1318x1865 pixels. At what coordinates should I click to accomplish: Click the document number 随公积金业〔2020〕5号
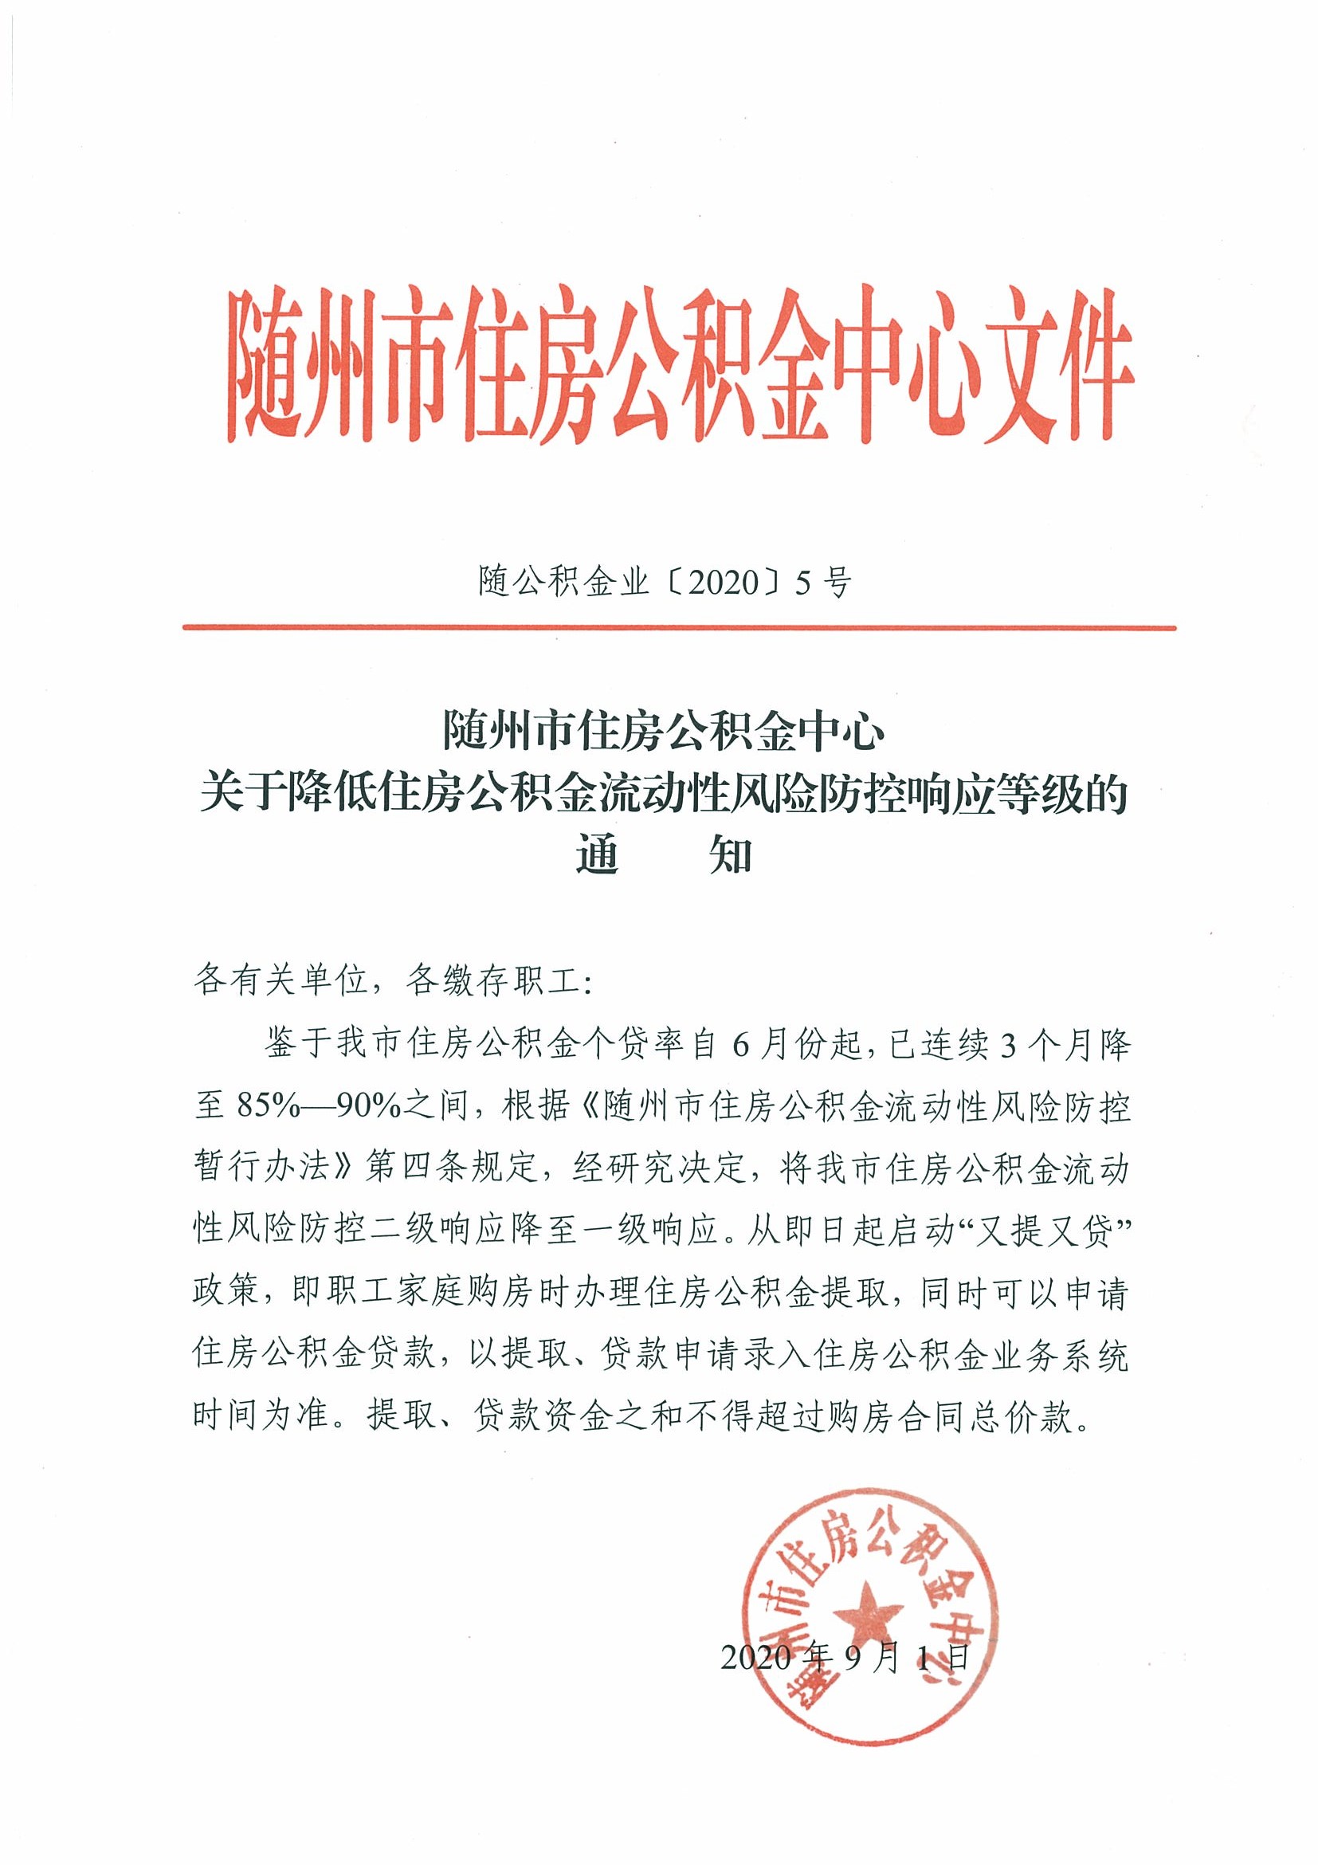664,583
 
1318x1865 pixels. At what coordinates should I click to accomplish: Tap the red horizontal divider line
679,627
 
